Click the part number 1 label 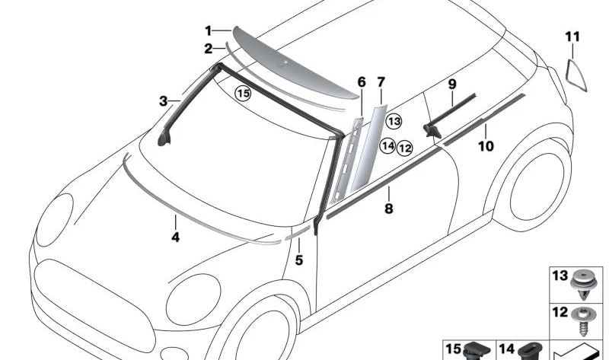pos(208,30)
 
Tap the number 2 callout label pos(208,49)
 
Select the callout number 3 pos(163,100)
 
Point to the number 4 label pos(175,237)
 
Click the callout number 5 pos(299,261)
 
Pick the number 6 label pos(362,81)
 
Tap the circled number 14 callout pos(387,145)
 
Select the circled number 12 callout pos(404,148)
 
